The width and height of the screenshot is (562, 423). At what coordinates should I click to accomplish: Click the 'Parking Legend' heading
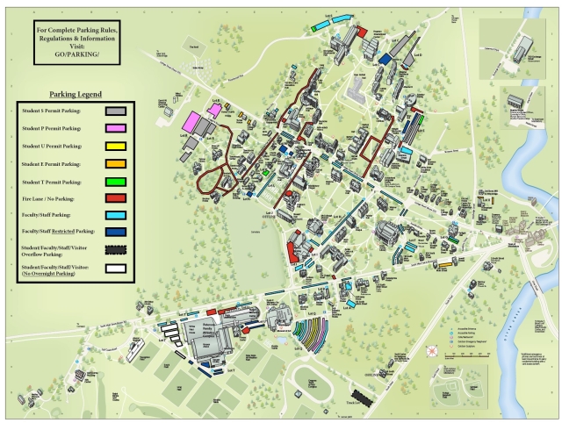point(76,94)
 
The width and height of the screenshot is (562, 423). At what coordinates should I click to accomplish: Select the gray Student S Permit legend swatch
point(115,111)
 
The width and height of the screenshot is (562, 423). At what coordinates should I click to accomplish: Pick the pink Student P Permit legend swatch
point(115,129)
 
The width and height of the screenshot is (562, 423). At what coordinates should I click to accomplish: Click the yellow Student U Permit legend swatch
point(115,147)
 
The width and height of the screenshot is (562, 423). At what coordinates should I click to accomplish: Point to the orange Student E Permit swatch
point(115,164)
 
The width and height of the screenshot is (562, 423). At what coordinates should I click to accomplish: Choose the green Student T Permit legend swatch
point(115,182)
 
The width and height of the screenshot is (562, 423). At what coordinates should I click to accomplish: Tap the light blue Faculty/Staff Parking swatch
point(115,214)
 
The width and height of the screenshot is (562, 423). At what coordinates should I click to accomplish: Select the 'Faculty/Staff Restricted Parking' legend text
point(58,232)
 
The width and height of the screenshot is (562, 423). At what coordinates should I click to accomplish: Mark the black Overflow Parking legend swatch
point(115,251)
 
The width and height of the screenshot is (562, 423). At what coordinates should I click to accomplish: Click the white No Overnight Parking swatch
point(115,270)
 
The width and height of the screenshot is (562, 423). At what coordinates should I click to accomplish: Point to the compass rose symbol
point(430,351)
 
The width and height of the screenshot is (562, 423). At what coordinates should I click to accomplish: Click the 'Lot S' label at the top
point(329,16)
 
